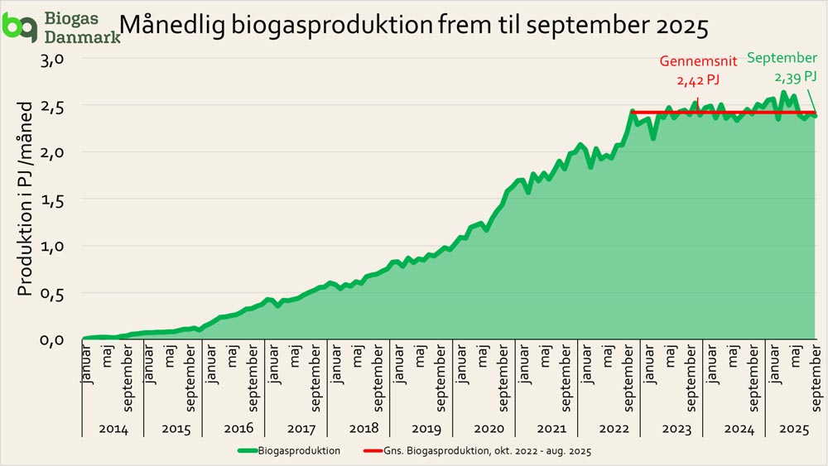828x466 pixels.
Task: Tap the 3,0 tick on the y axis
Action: click(64, 60)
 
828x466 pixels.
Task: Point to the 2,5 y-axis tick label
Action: click(64, 106)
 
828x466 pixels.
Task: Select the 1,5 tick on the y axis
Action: click(64, 199)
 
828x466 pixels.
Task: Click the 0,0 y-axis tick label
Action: click(64, 339)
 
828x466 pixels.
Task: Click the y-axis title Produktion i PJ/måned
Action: click(26, 199)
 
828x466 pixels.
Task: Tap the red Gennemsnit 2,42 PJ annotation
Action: click(698, 70)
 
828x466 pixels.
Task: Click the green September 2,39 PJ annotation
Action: click(782, 67)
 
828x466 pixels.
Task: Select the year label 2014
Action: click(113, 428)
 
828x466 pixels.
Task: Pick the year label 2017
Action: click(301, 428)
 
